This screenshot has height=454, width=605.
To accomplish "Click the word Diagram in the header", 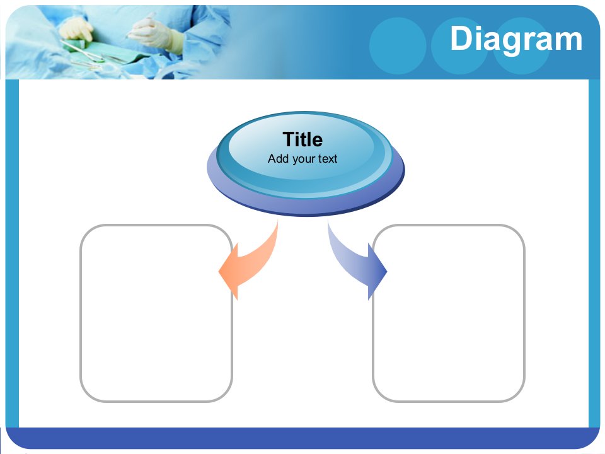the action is click(516, 39).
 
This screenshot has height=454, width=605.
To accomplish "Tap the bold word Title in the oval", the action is click(302, 139).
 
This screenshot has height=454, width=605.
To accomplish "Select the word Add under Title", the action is click(278, 158).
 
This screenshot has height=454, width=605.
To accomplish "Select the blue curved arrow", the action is click(355, 262).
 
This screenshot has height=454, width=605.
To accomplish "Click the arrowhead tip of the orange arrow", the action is click(219, 271).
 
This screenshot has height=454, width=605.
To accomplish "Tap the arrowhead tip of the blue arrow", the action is click(386, 271).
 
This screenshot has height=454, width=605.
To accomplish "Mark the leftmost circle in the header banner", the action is click(398, 46).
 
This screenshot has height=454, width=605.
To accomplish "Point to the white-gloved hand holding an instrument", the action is click(154, 33).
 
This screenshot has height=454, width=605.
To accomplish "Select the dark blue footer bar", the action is click(302, 438).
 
